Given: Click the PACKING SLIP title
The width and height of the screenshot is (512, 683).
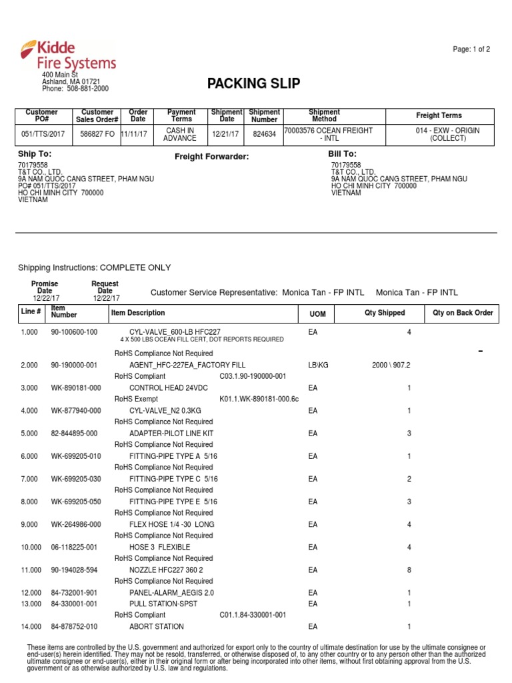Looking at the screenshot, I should tap(253, 83).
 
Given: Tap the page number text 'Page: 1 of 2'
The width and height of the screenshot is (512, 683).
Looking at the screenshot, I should tap(471, 49).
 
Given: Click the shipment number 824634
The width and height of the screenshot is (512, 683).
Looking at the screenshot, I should tap(264, 134).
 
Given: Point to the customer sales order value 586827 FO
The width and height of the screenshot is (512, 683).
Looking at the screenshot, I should tap(97, 134).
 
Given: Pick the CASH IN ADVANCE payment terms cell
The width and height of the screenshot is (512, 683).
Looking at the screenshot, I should tap(180, 134).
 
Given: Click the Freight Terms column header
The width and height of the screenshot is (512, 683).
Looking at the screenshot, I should tap(439, 115).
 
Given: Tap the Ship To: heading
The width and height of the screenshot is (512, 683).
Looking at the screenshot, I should tap(35, 154).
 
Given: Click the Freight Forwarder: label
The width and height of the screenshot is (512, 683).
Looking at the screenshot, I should tap(211, 157).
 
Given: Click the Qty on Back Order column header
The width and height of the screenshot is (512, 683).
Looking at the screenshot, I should tap(463, 313).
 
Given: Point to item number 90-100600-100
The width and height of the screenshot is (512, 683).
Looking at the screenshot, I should tap(74, 331).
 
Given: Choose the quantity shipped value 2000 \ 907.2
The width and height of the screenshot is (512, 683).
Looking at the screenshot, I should tap(391, 366).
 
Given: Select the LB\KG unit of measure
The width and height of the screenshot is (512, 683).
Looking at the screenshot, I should tap(319, 366).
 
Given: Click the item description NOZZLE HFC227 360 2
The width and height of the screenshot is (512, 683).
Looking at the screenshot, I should tap(166, 570).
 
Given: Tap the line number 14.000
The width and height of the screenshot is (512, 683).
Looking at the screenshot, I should tap(31, 626).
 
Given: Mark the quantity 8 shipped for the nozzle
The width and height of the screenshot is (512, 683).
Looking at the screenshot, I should tap(409, 570).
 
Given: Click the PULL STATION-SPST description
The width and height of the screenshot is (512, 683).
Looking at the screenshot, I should tap(160, 604).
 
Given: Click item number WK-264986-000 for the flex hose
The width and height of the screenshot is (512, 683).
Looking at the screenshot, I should tap(76, 524).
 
